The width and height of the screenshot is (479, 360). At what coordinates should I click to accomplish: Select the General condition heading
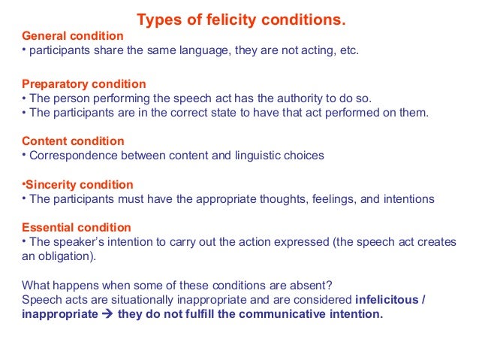[x=73, y=35]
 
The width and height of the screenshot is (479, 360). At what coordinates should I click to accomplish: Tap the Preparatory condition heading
[x=84, y=84]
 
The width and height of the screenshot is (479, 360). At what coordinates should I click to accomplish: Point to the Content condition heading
[x=73, y=141]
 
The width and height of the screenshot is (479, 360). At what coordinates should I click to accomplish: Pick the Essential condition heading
[x=77, y=227]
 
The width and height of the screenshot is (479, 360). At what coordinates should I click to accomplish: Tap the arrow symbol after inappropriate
[x=107, y=315]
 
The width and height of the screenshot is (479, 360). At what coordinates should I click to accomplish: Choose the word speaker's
[x=75, y=242]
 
